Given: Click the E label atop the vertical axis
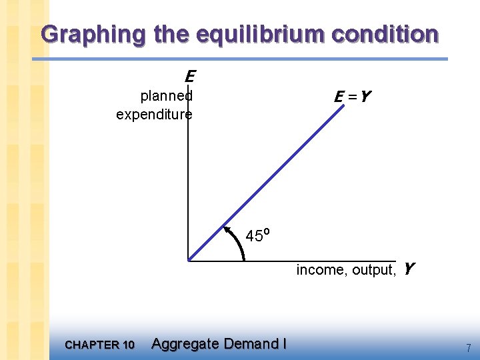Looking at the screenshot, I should pos(189,75).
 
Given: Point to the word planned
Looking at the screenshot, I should pos(166,95).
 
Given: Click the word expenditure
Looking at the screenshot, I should pos(154,115).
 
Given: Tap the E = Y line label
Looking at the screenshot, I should pos(352,97).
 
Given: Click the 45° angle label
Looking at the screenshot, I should pos(257,235).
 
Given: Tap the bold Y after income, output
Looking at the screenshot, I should pos(409,269).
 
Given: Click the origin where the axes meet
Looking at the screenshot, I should pos(189,260).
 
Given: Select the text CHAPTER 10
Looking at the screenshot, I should pos(100,345).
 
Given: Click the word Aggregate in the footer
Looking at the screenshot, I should pos(185,344).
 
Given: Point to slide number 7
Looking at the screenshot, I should pos(469,347).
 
